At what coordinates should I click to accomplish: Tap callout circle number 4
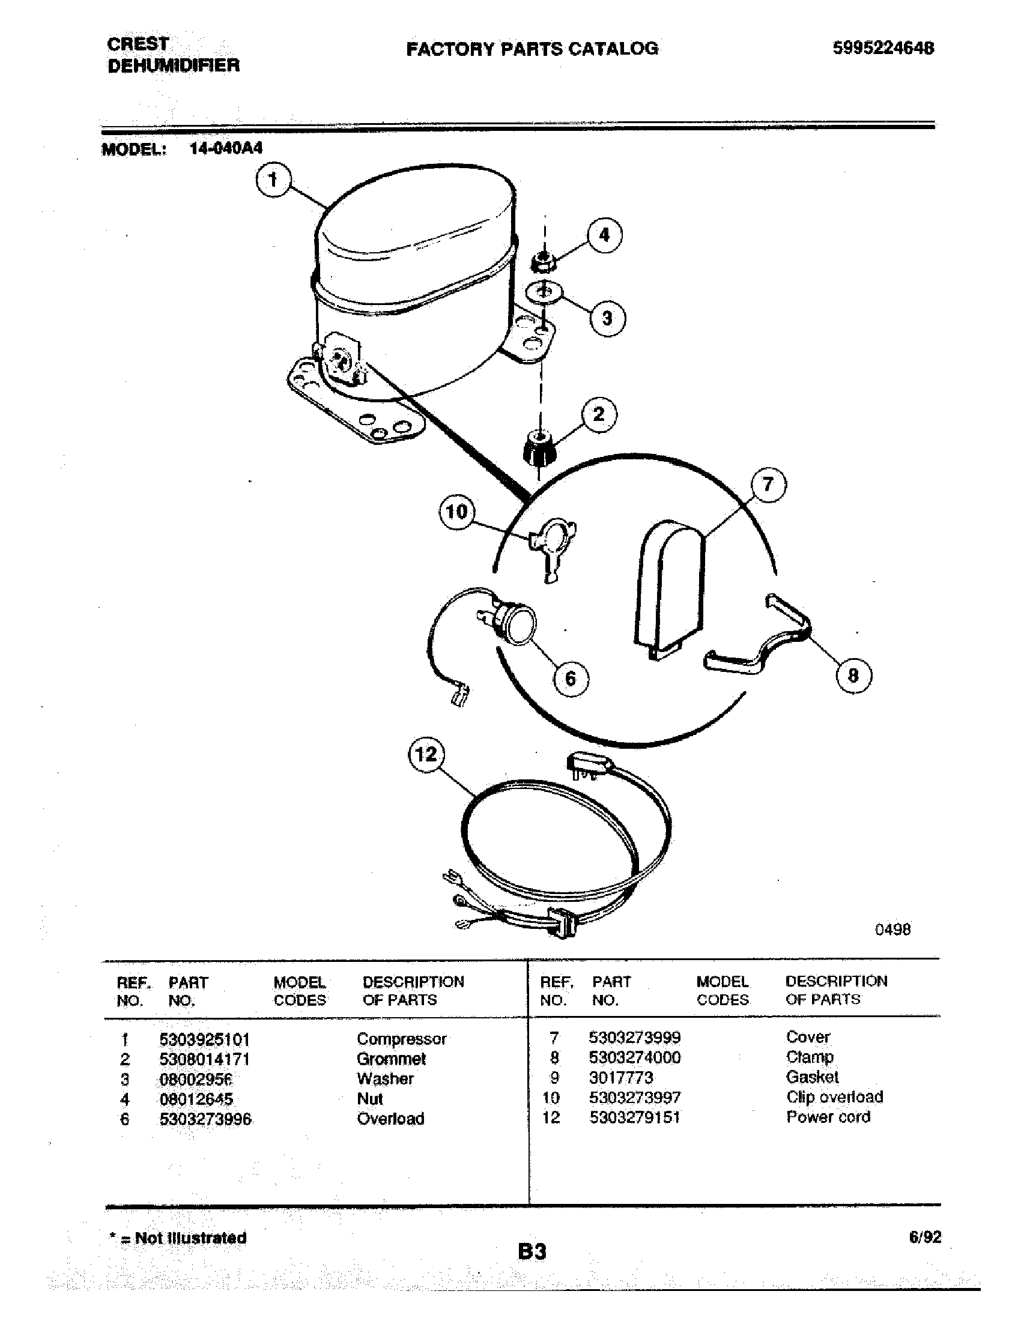(x=604, y=235)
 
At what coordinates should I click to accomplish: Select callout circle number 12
(x=426, y=754)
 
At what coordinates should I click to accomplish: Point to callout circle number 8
(x=853, y=675)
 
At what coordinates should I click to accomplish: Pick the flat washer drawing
(x=544, y=294)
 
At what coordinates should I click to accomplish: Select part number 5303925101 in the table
(x=204, y=1041)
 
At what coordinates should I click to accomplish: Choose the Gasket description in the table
(x=813, y=1077)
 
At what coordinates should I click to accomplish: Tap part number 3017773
(x=621, y=1078)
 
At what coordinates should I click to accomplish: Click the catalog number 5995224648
(x=883, y=48)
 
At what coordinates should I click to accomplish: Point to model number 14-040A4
(x=226, y=149)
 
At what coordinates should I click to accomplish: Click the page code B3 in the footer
(x=532, y=1251)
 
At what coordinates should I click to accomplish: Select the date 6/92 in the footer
(x=925, y=1237)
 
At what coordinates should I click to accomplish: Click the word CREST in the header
(x=138, y=44)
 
